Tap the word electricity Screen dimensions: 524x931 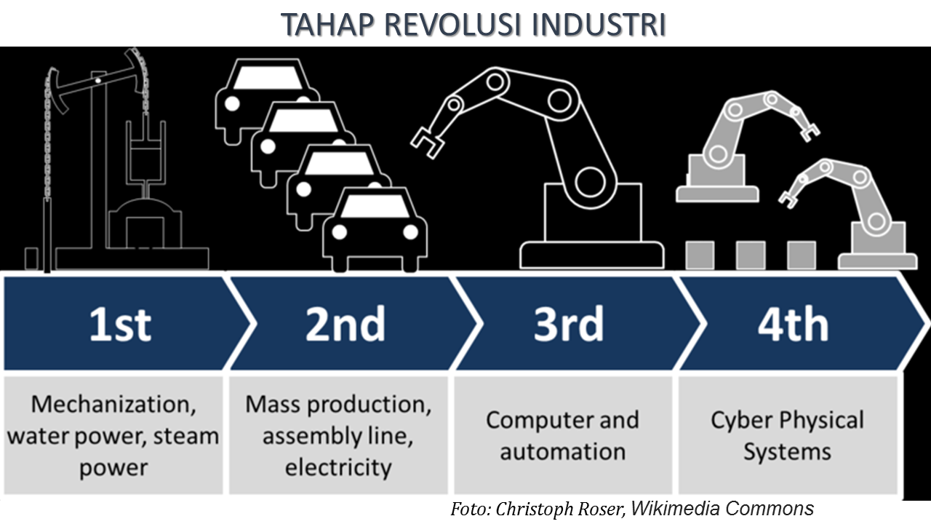tap(338, 467)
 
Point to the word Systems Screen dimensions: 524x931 tap(787, 452)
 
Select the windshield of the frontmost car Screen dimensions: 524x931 tap(375, 207)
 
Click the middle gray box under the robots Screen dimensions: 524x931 tap(750, 255)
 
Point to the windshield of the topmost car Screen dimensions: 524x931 tap(267, 76)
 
